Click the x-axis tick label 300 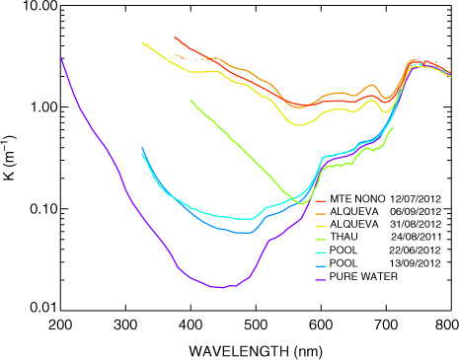click(x=125, y=325)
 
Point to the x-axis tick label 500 click(x=256, y=325)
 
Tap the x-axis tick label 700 click(x=386, y=325)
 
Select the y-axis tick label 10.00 click(x=39, y=6)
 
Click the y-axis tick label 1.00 click(x=42, y=108)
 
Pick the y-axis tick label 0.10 click(x=42, y=209)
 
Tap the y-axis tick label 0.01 click(x=42, y=308)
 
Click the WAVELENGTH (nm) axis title click(x=256, y=351)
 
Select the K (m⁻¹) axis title click(x=9, y=158)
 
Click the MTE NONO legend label click(x=357, y=199)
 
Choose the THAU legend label click(x=344, y=237)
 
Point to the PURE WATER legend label click(x=363, y=276)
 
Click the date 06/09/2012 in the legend click(x=416, y=211)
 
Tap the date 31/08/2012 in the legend click(x=416, y=224)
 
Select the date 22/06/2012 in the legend click(x=415, y=251)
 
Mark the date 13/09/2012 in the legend click(x=416, y=263)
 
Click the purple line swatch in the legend click(x=321, y=279)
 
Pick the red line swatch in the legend click(x=321, y=201)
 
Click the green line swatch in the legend click(x=321, y=240)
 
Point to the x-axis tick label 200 click(x=60, y=325)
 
